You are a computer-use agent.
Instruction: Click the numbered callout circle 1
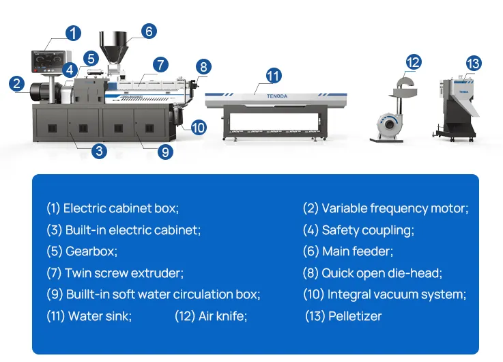pos(73,33)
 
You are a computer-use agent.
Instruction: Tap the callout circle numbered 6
pos(149,31)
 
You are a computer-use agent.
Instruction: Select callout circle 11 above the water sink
pos(273,75)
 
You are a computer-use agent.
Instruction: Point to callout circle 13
pos(473,64)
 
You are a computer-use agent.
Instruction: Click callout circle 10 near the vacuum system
pos(198,126)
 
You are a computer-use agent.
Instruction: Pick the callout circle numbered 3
pos(100,151)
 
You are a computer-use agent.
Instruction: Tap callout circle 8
pos(203,66)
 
